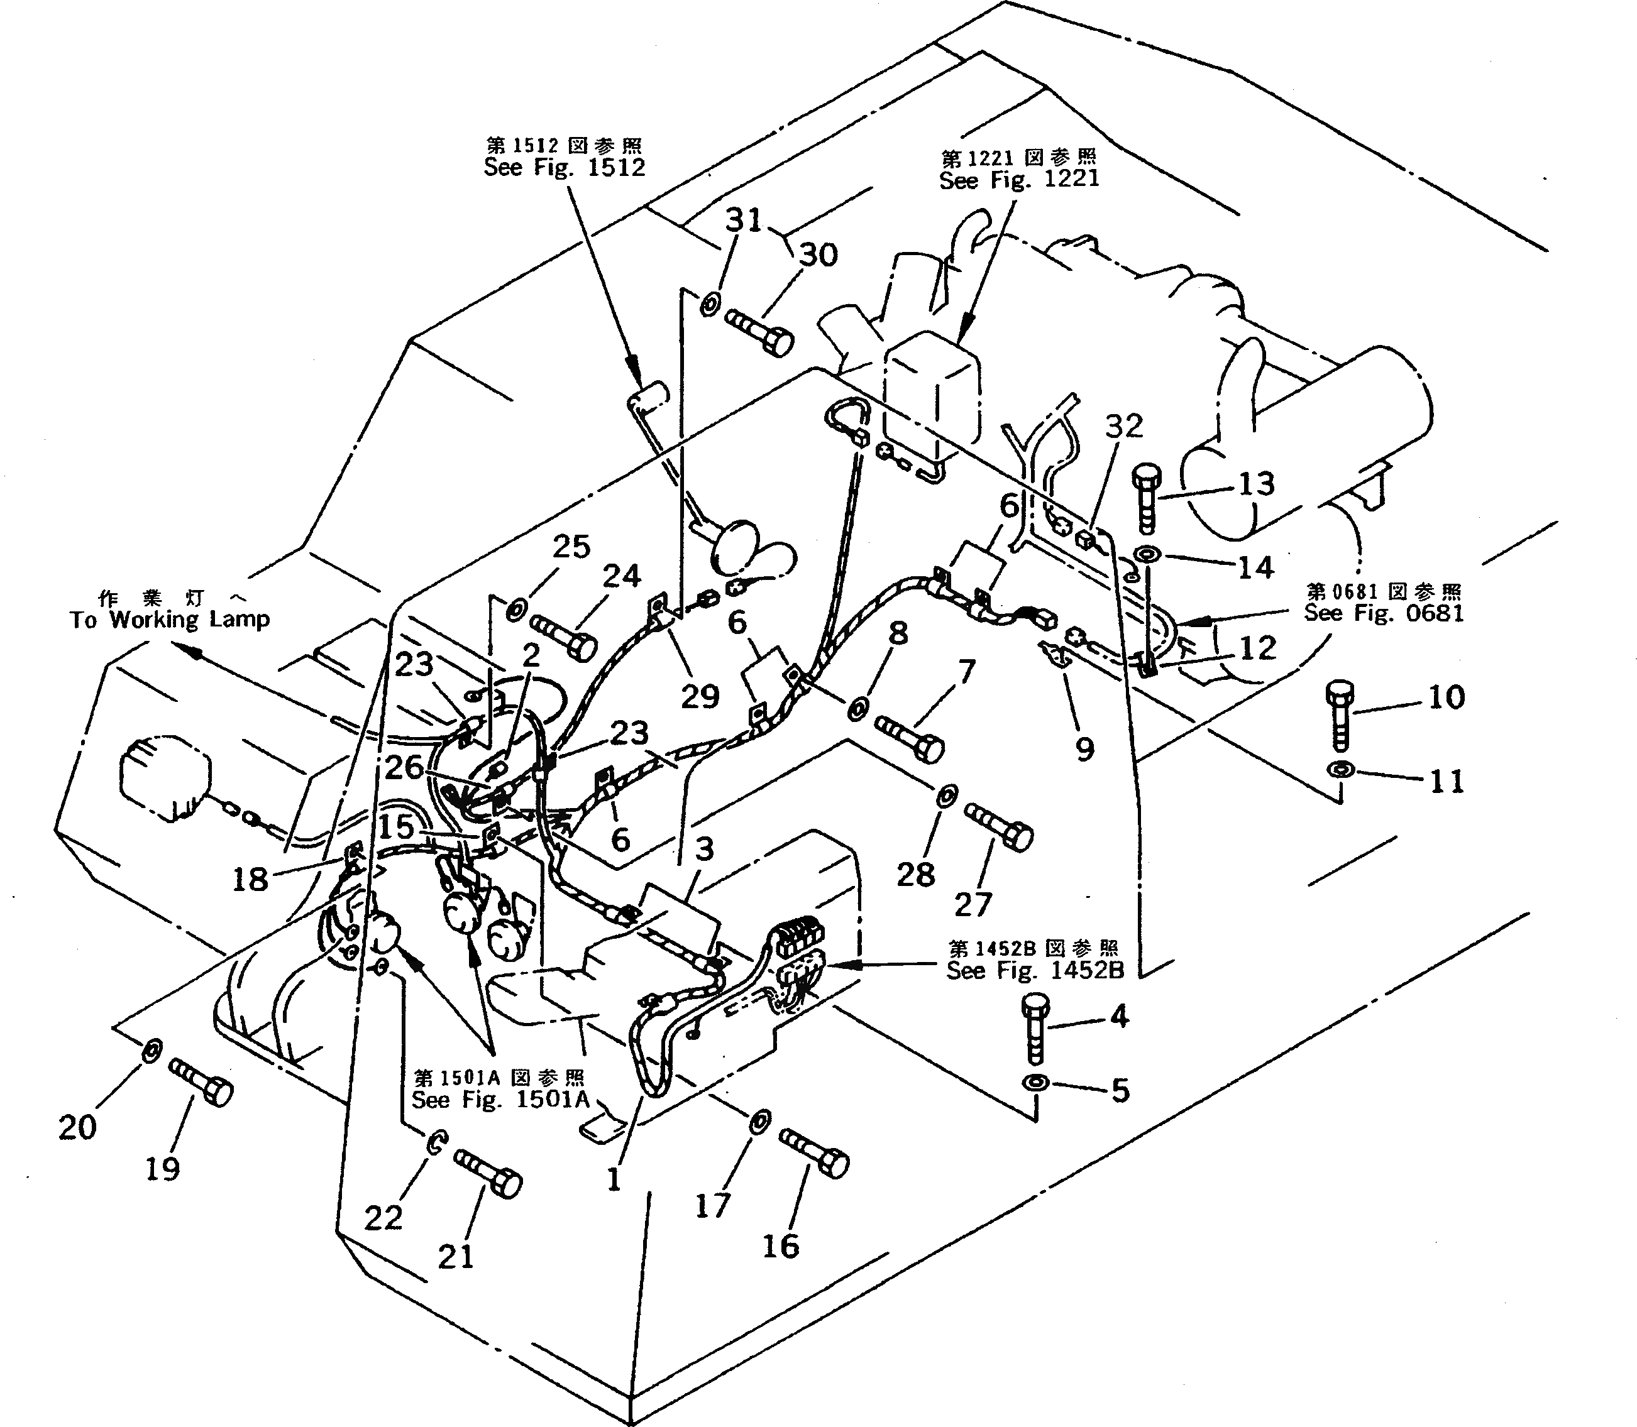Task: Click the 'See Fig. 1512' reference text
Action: [x=564, y=167]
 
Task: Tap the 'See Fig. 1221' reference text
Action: [x=1019, y=179]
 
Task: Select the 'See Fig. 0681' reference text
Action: [x=1384, y=613]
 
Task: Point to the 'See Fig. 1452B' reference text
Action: [x=1035, y=971]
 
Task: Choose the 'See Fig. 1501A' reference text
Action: [x=500, y=1100]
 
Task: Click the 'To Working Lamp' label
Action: [x=169, y=620]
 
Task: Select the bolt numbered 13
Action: [x=1146, y=498]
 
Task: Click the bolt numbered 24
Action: [x=563, y=635]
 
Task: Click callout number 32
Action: [x=1124, y=426]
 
